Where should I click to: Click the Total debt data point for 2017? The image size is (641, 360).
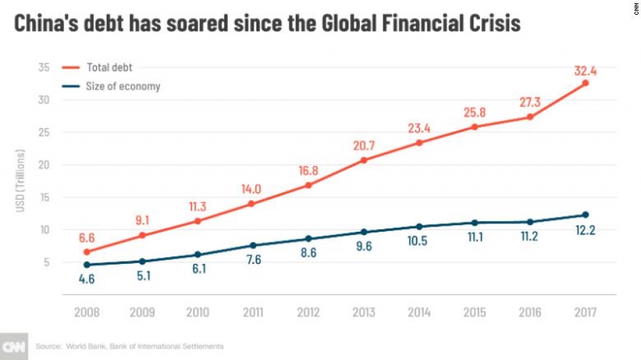585,83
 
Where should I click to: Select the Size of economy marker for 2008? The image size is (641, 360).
86,265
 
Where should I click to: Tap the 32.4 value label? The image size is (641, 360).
585,69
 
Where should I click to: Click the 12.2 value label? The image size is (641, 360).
585,230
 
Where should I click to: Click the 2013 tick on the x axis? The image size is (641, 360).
363,312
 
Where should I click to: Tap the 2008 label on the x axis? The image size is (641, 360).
86,312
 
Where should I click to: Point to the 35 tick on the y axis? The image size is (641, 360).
44,67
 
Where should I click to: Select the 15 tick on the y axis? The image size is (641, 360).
44,197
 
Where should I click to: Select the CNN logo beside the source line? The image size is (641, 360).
13,346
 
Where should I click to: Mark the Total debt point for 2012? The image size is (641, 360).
308,185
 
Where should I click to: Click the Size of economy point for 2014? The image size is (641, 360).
419,226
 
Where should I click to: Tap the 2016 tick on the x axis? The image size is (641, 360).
529,312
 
